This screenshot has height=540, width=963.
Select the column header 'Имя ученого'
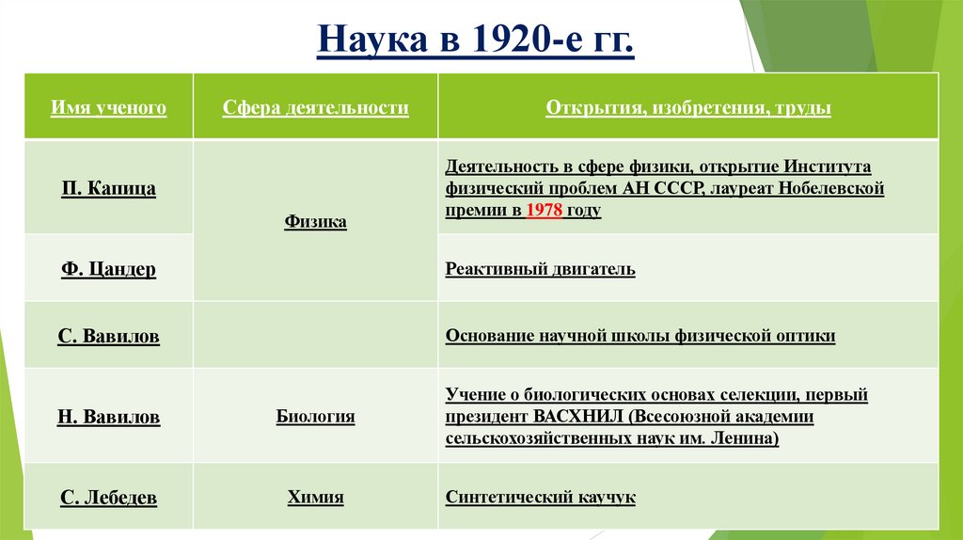108,108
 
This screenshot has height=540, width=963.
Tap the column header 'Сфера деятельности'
315,108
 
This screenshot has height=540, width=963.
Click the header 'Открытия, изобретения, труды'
687,108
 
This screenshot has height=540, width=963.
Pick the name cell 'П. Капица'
108,189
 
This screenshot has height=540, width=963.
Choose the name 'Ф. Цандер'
108,270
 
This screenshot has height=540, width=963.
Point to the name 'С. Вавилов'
108,336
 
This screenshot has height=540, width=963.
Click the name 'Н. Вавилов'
108,417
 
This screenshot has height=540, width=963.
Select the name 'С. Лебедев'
108,498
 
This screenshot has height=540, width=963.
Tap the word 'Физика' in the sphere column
315,222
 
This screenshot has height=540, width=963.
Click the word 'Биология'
315,416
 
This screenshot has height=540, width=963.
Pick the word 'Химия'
315,498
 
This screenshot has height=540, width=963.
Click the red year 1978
545,211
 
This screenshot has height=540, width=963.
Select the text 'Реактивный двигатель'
541,270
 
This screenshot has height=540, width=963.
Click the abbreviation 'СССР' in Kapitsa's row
672,189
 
